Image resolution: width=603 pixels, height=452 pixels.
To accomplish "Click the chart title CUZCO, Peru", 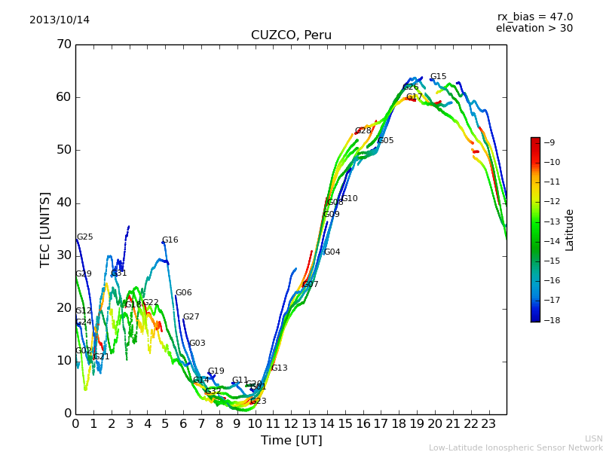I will (291, 35).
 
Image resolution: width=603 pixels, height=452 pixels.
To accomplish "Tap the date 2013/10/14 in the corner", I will (60, 20).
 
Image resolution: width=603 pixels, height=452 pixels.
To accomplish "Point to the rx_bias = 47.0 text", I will (534, 17).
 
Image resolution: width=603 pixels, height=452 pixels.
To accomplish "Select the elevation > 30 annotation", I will (534, 29).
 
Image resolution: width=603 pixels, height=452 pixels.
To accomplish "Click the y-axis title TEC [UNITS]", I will (45, 229).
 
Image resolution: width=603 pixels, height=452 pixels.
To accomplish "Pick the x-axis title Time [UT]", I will (291, 440).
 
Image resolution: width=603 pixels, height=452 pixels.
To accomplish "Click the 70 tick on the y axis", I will (63, 44).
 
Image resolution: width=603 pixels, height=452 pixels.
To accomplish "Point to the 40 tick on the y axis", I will (63, 203).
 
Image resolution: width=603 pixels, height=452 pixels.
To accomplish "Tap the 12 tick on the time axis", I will (291, 423).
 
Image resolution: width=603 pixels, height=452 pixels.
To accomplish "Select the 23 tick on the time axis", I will (488, 423).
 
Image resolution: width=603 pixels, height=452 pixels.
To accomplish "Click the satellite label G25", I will (85, 237).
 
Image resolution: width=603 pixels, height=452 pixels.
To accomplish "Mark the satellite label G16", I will (170, 240).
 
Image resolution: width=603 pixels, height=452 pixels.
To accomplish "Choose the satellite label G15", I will (439, 77).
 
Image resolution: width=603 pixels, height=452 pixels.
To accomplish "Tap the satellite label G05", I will (386, 141).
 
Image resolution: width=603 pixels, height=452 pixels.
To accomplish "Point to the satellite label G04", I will (332, 252).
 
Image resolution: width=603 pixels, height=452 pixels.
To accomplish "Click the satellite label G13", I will (280, 368).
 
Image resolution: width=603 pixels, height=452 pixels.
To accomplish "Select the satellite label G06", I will (184, 293).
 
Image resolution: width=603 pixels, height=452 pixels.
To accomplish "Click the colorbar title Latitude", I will (570, 230).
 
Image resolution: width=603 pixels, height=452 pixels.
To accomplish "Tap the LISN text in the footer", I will (593, 438).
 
